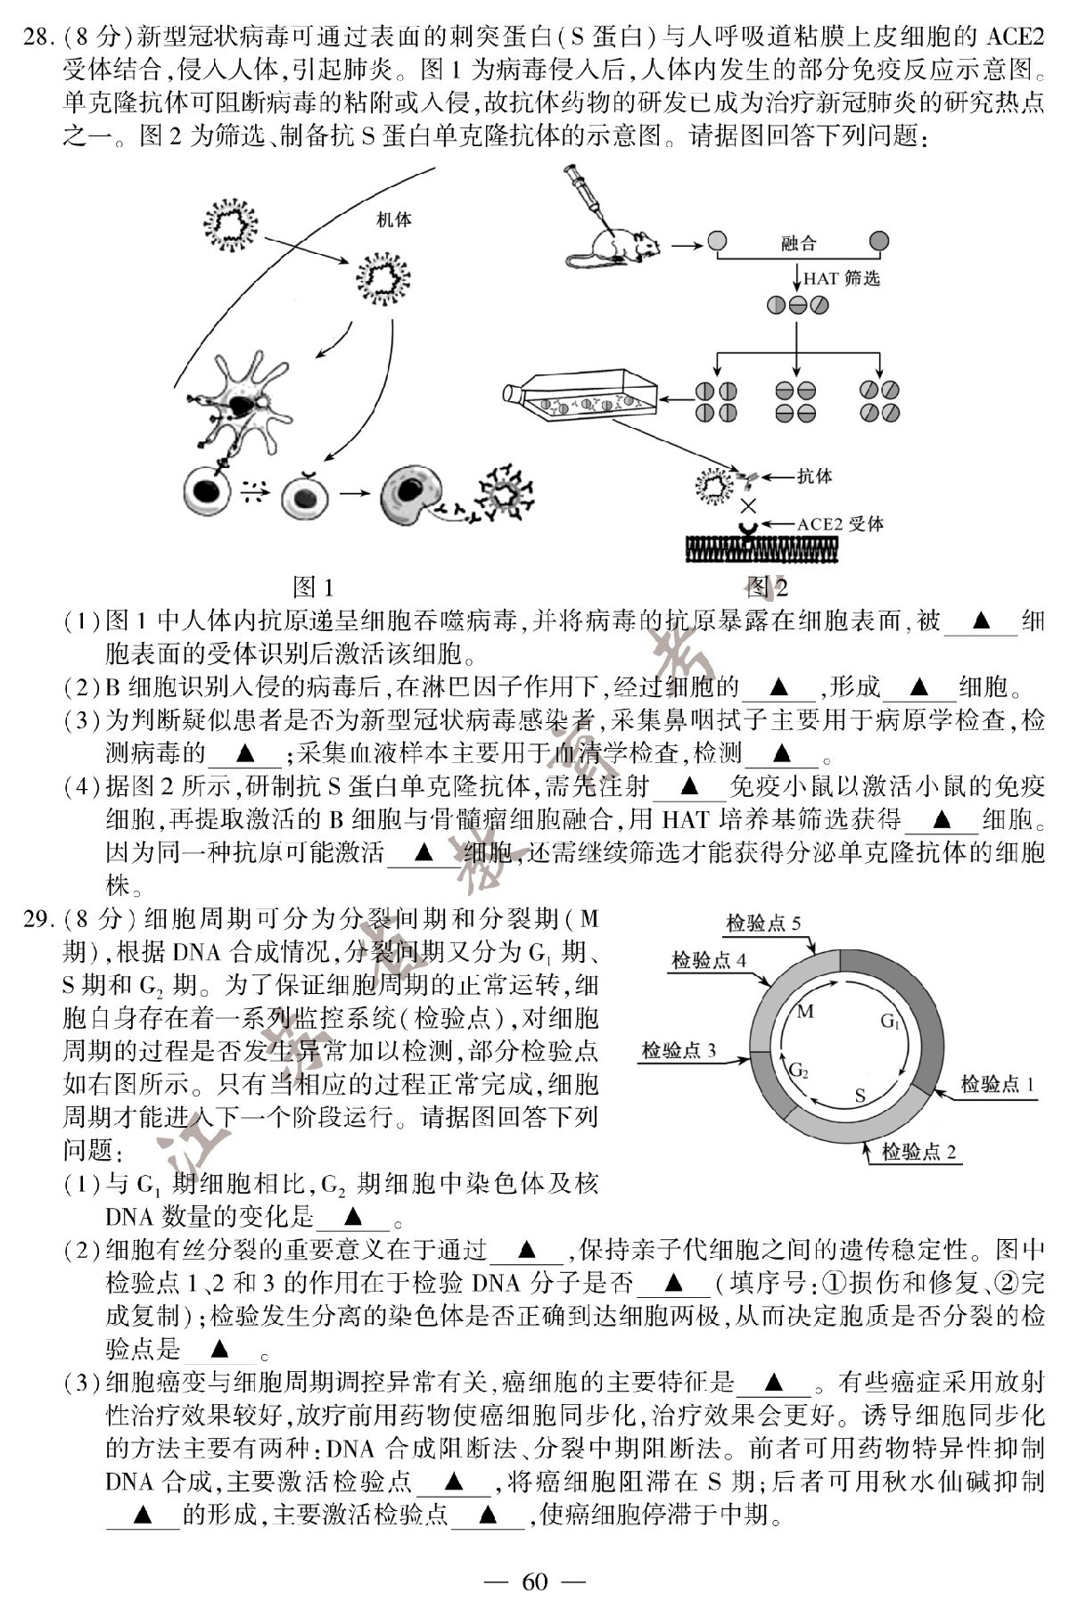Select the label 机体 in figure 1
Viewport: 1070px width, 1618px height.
point(393,219)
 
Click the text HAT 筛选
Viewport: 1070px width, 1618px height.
point(841,278)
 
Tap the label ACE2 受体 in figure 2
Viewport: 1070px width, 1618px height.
point(840,523)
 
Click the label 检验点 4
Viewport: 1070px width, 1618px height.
point(708,960)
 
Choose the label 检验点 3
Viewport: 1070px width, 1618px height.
point(679,1050)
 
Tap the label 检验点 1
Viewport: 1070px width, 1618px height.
point(997,1084)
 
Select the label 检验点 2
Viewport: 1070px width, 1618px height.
point(918,1152)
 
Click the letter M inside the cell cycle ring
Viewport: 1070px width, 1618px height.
point(805,1011)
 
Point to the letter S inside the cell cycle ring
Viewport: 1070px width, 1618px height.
point(860,1096)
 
